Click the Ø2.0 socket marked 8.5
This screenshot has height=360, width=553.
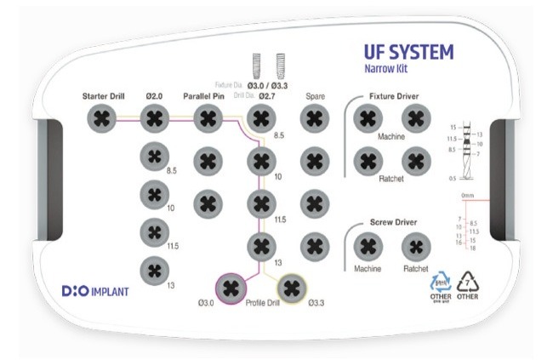click(155, 157)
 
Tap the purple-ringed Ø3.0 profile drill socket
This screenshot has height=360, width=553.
click(229, 288)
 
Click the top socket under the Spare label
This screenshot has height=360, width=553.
click(314, 118)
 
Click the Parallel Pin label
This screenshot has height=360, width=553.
click(208, 95)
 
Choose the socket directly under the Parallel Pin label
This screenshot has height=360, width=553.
click(208, 118)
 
